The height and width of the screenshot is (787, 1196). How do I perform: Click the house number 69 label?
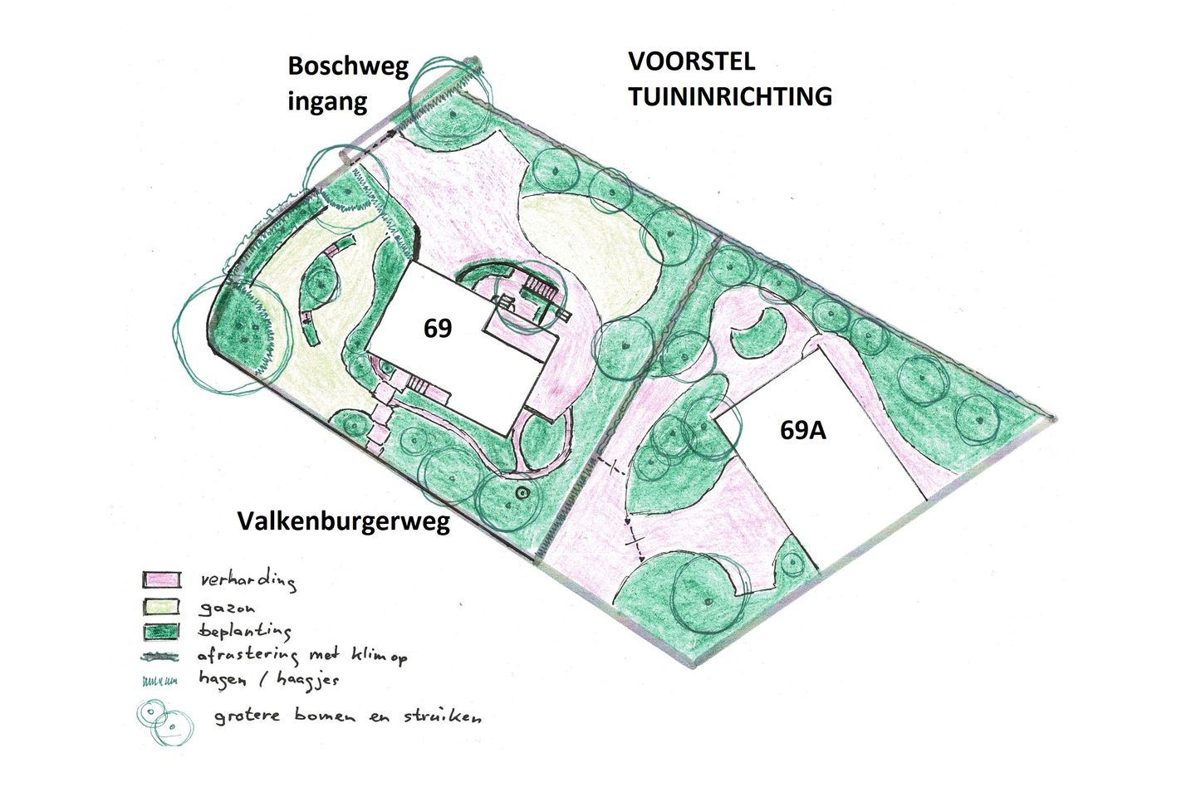click(438, 328)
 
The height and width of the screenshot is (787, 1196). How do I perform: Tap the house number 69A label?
click(802, 430)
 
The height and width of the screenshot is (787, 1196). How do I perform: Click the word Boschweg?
click(348, 66)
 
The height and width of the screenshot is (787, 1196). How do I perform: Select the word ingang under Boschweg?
click(327, 102)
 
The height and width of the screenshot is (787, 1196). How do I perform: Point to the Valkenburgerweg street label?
click(343, 521)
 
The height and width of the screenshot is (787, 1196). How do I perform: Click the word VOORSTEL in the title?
click(691, 61)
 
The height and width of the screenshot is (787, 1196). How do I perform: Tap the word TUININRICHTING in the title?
click(729, 96)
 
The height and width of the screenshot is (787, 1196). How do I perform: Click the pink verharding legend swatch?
click(161, 579)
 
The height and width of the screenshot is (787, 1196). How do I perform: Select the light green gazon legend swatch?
click(161, 606)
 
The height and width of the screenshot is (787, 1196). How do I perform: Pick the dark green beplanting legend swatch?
click(161, 632)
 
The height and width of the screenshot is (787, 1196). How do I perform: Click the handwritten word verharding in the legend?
click(248, 579)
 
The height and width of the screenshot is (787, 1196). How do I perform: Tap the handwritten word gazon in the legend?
click(227, 608)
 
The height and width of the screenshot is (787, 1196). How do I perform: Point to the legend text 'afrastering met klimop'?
click(301, 656)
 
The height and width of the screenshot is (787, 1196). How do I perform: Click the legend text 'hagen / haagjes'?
click(267, 679)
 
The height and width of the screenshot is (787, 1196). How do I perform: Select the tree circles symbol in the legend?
click(164, 721)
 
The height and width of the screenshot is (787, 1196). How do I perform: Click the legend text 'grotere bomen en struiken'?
click(347, 716)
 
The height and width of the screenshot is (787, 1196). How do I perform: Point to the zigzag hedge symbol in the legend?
click(159, 682)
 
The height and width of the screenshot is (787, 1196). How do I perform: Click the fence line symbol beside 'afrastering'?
click(159, 657)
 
